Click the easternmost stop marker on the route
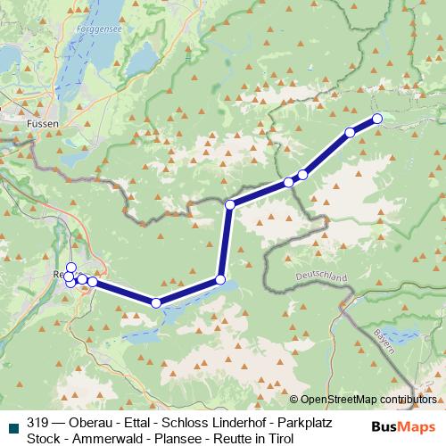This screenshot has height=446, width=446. [x=376, y=119]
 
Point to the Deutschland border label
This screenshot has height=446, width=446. [x=320, y=277]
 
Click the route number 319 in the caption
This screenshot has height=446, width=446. [x=37, y=422]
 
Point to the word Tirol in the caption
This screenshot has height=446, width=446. [x=277, y=438]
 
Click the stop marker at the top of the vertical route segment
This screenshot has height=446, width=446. [x=230, y=205]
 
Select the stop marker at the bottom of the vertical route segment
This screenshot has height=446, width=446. [x=220, y=280]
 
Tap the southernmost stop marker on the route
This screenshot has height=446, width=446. [x=157, y=303]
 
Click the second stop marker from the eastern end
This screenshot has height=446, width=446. [x=350, y=133]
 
